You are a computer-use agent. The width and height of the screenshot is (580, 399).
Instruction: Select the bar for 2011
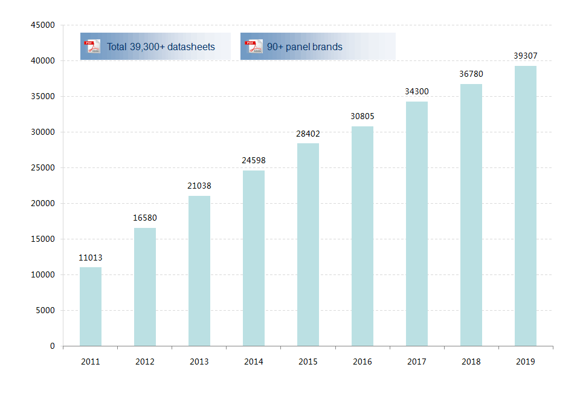click(x=91, y=307)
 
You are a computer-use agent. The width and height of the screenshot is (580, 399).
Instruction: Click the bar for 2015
click(x=308, y=244)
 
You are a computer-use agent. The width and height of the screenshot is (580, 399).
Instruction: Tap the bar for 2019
click(x=526, y=206)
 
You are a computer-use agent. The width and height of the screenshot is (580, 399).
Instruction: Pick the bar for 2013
click(x=199, y=271)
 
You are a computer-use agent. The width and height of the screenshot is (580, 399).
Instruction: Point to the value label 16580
click(x=145, y=218)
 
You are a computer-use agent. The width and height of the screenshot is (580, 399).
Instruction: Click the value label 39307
click(x=526, y=56)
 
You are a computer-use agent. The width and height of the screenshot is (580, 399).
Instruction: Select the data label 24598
click(x=254, y=160)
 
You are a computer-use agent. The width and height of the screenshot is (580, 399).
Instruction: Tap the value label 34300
click(x=417, y=91)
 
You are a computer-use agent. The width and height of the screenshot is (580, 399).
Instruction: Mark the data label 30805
click(x=362, y=116)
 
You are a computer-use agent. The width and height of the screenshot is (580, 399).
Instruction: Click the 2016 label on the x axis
click(x=362, y=362)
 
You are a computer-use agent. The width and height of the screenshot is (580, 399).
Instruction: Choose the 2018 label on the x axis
click(x=471, y=362)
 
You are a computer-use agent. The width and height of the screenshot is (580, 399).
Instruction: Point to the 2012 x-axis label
click(x=145, y=362)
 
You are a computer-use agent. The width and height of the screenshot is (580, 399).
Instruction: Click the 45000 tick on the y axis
click(x=43, y=25)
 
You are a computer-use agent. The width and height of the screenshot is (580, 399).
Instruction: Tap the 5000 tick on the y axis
click(x=45, y=311)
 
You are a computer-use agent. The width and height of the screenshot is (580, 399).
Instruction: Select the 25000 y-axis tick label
click(x=43, y=168)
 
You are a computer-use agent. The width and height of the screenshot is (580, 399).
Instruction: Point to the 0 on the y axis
click(x=53, y=346)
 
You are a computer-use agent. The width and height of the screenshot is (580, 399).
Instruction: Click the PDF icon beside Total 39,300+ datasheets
click(x=92, y=47)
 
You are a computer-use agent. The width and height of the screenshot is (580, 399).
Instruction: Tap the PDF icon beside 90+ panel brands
click(x=254, y=47)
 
